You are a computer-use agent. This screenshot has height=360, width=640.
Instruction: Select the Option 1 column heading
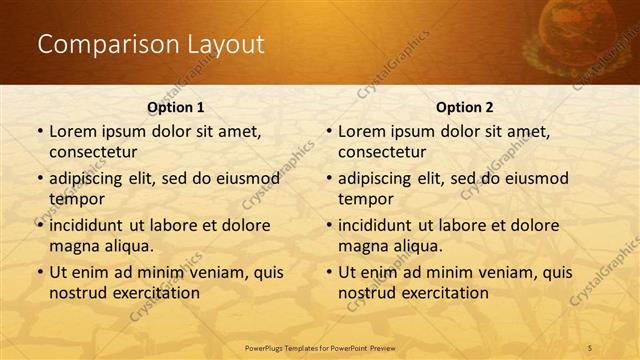pos(176,107)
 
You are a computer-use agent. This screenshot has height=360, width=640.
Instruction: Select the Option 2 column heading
pos(464,107)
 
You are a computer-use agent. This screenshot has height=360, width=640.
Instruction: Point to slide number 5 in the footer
pos(590,347)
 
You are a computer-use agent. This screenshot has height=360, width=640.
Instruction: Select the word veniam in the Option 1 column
pos(209,272)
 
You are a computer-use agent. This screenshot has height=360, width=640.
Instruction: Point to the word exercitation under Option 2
pos(442,293)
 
